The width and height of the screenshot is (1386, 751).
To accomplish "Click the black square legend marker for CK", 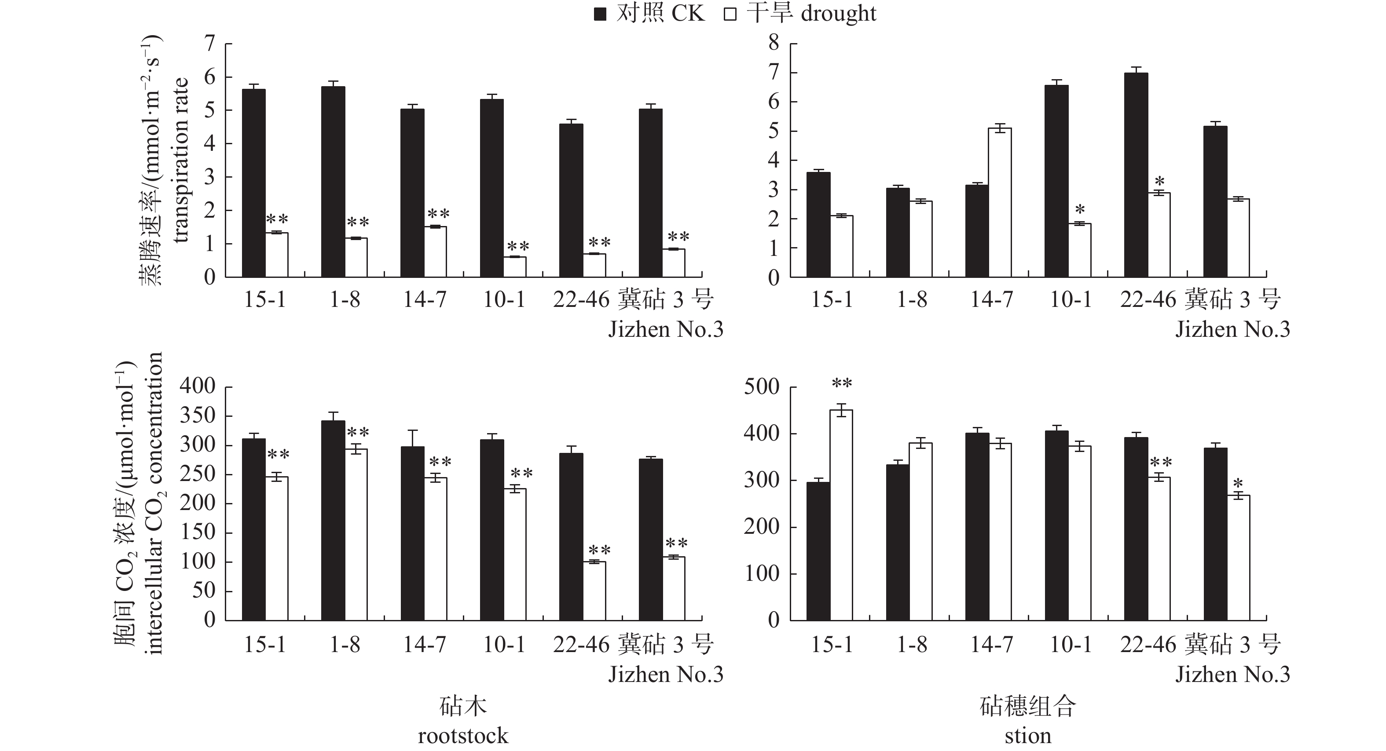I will click(x=600, y=14).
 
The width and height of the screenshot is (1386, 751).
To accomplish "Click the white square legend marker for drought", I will click(x=730, y=14).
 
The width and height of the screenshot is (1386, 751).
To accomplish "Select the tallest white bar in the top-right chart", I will click(x=1000, y=202).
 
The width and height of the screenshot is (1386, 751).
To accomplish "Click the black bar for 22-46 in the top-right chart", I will click(x=1136, y=175).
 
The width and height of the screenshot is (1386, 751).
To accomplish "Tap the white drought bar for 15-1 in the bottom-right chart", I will click(x=841, y=514).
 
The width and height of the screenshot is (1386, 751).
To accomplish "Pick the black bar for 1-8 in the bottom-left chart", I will click(x=333, y=520).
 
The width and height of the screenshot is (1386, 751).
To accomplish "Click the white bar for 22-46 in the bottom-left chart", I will click(x=594, y=591).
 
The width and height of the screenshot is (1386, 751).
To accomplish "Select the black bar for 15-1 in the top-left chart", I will click(x=254, y=183).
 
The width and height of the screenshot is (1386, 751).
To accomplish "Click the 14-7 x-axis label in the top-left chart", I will click(x=425, y=299).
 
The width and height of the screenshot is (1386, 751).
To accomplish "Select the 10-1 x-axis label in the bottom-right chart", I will click(x=1071, y=644).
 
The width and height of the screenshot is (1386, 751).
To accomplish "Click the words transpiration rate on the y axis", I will click(x=181, y=160).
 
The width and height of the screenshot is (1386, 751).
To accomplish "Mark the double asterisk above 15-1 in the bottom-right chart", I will click(x=841, y=384).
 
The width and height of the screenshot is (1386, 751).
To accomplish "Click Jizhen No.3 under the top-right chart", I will click(x=1232, y=329).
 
